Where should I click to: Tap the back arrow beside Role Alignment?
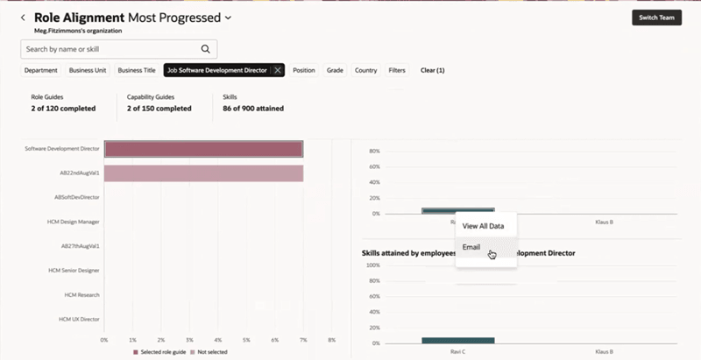pyautogui.click(x=23, y=18)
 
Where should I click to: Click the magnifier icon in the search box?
pyautogui.click(x=206, y=49)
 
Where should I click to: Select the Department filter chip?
pyautogui.click(x=41, y=70)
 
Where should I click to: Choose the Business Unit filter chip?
pyautogui.click(x=88, y=70)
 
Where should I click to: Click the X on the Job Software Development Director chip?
pyautogui.click(x=278, y=70)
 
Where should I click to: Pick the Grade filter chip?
pyautogui.click(x=335, y=70)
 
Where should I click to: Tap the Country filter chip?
pyautogui.click(x=365, y=70)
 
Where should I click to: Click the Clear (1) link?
pyautogui.click(x=433, y=70)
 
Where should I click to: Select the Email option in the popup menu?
pyautogui.click(x=471, y=246)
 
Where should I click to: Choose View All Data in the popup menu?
pyautogui.click(x=483, y=226)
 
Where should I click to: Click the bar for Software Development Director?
pyautogui.click(x=203, y=149)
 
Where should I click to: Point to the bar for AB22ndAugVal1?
pyautogui.click(x=203, y=173)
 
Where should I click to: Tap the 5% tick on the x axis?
pyautogui.click(x=246, y=339)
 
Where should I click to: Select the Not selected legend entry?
pyautogui.click(x=213, y=351)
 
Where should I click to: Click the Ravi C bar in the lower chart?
pyautogui.click(x=457, y=340)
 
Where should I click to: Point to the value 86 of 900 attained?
pyautogui.click(x=252, y=109)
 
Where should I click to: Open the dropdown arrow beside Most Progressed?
pyautogui.click(x=229, y=18)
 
